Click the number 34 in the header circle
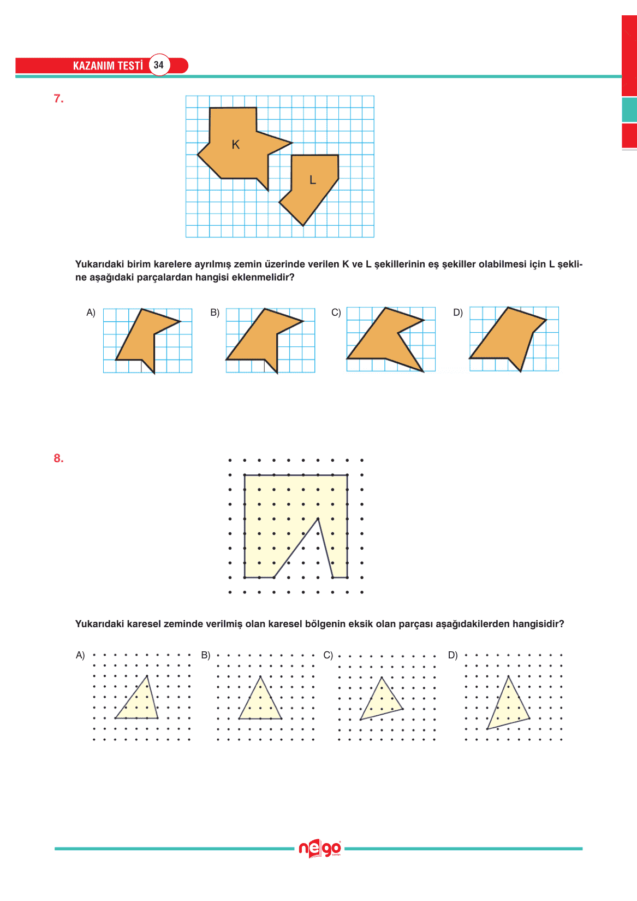coord(158,65)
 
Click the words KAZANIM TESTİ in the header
coord(108,66)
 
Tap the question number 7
coord(58,99)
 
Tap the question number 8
coord(58,458)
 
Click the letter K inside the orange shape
coord(235,145)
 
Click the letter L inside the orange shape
coord(313,180)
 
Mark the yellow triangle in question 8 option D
coord(508,706)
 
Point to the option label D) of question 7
coord(458,313)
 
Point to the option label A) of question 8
coord(80,655)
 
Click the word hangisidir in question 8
coord(538,624)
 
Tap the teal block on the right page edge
coord(629,110)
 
